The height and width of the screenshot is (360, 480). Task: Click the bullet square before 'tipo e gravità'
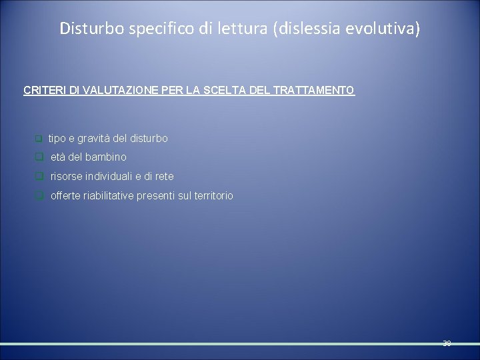click(39, 139)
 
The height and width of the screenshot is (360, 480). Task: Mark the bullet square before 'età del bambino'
click(39, 158)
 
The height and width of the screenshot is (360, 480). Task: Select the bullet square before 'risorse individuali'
click(39, 177)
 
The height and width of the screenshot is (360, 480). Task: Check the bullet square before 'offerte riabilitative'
click(39, 196)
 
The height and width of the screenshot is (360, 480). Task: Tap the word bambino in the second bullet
click(108, 157)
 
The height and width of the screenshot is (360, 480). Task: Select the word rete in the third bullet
click(164, 176)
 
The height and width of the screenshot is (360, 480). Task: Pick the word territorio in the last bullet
click(212, 195)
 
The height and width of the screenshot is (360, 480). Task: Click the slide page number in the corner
click(446, 344)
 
